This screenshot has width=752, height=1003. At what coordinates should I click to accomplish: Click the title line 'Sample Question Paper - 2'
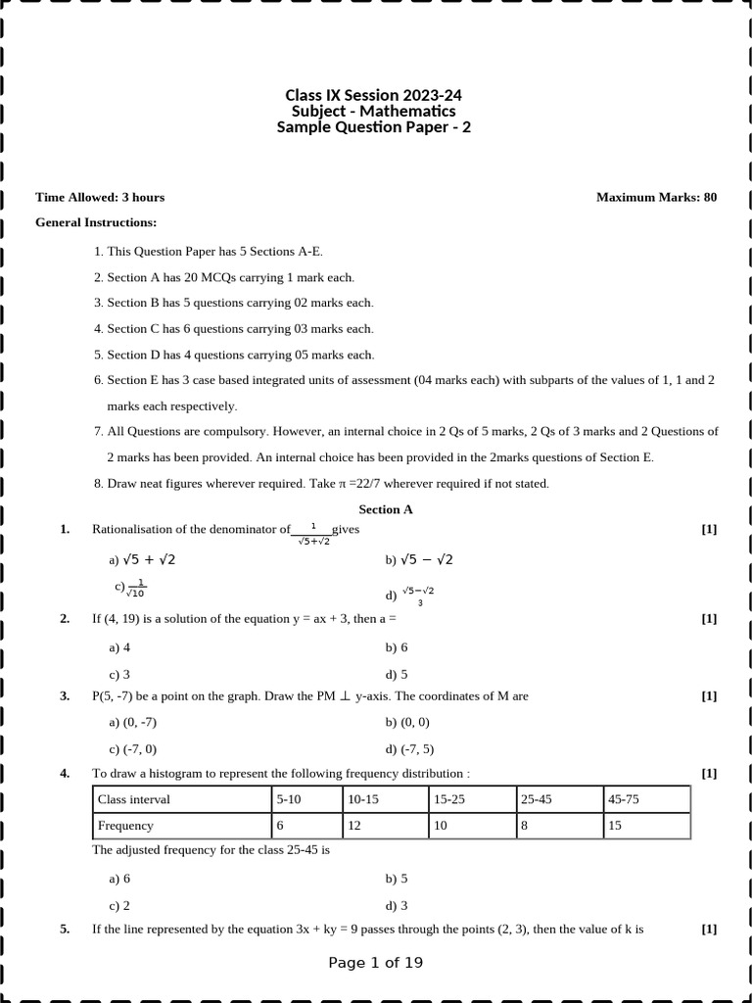pyautogui.click(x=373, y=127)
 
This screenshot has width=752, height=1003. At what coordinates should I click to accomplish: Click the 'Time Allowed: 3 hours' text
pyautogui.click(x=100, y=197)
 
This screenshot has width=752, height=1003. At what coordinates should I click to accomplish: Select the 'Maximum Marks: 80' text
pyautogui.click(x=656, y=197)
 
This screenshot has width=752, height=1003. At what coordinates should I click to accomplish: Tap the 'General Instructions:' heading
pyautogui.click(x=96, y=222)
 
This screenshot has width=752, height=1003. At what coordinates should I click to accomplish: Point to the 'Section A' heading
pyautogui.click(x=386, y=509)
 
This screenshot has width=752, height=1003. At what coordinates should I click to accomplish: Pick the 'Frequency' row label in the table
pyautogui.click(x=125, y=826)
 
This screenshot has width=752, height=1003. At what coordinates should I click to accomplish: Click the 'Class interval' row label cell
pyautogui.click(x=133, y=799)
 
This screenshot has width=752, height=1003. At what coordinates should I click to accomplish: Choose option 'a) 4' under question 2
pyautogui.click(x=119, y=647)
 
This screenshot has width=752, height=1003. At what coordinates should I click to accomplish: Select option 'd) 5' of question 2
pyautogui.click(x=397, y=674)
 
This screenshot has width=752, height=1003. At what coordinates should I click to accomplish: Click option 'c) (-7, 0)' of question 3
pyautogui.click(x=133, y=749)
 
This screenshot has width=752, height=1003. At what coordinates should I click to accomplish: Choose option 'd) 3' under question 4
pyautogui.click(x=397, y=905)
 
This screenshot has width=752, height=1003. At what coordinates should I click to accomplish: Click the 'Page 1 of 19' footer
pyautogui.click(x=376, y=963)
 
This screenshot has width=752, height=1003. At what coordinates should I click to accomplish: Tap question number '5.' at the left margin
pyautogui.click(x=65, y=929)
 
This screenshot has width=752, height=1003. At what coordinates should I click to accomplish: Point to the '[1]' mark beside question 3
pyautogui.click(x=709, y=696)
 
